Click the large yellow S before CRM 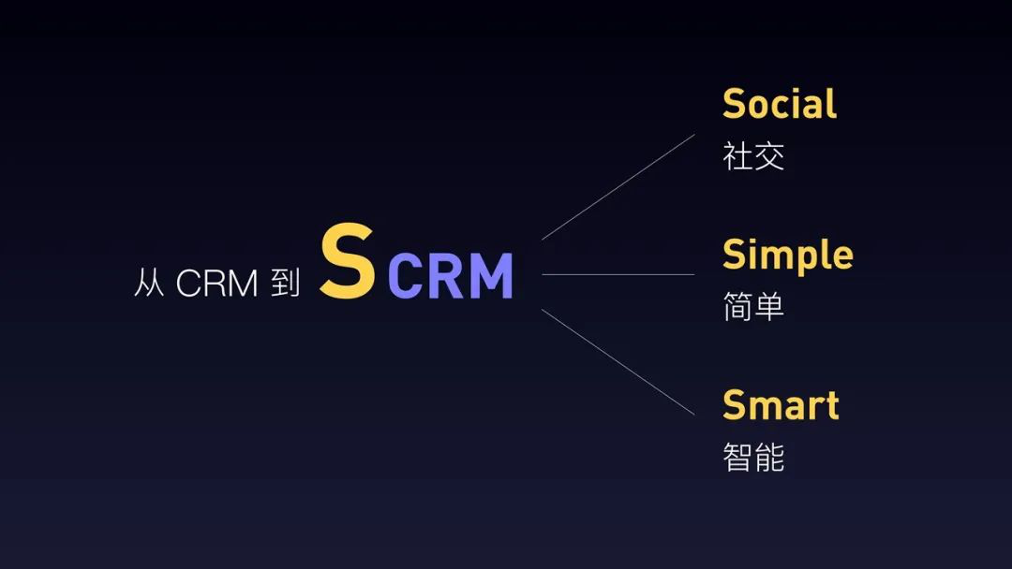[x=348, y=260]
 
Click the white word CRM [x=216, y=283]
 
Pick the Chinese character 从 [x=149, y=283]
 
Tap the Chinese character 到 [x=285, y=283]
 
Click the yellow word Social [x=780, y=104]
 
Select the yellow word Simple [x=788, y=255]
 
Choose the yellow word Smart [x=781, y=404]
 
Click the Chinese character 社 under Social [x=737, y=156]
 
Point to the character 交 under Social [x=769, y=156]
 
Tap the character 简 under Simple [x=737, y=307]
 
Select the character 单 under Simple [x=769, y=307]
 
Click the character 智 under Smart [x=737, y=458]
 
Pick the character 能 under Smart [x=769, y=458]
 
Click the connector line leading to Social [x=618, y=187]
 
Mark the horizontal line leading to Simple [x=618, y=274]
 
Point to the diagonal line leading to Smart [x=618, y=362]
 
